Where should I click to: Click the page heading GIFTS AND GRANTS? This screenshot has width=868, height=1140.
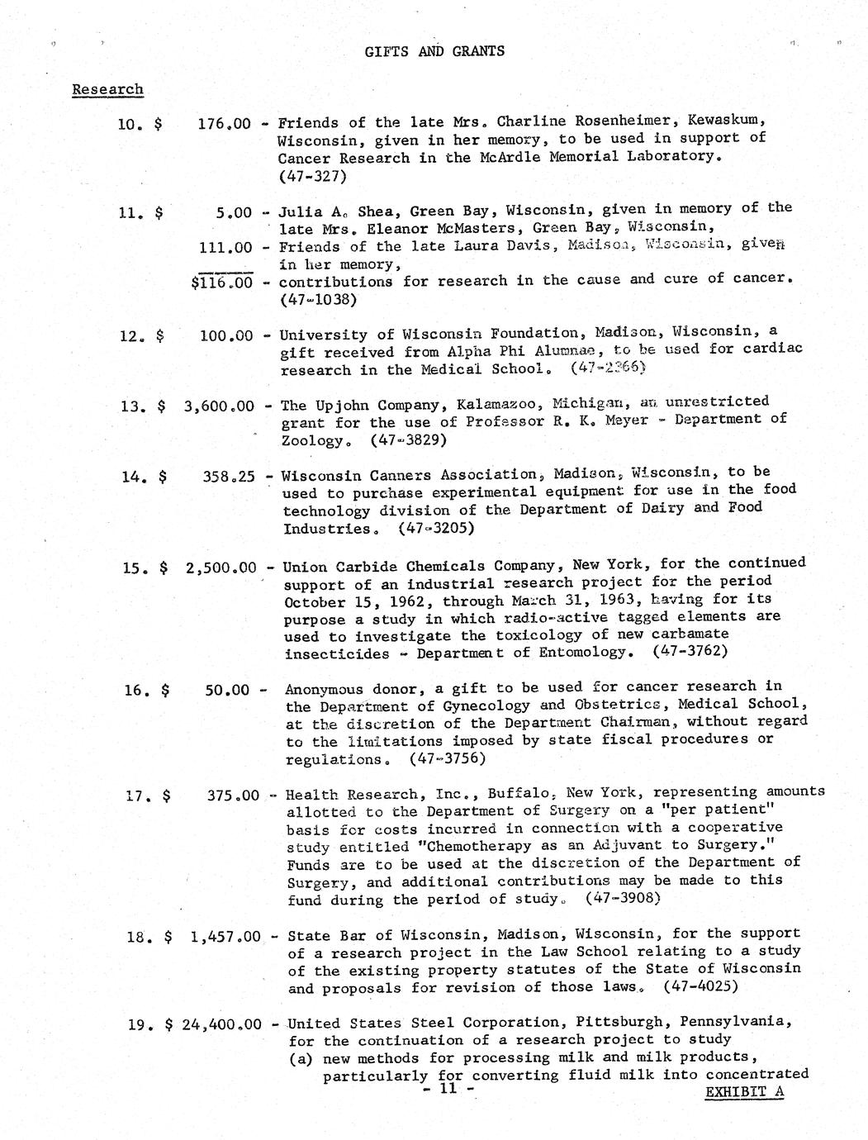click(434, 51)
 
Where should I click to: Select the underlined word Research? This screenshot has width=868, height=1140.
click(107, 89)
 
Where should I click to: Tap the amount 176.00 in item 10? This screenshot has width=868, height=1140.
click(224, 123)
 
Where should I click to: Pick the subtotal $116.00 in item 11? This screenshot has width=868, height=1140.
click(221, 283)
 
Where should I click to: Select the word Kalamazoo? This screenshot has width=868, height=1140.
click(477, 404)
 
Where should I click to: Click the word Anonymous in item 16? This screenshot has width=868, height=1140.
click(324, 689)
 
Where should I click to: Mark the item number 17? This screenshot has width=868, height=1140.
click(135, 796)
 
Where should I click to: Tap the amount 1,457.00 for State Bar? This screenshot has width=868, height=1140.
click(225, 937)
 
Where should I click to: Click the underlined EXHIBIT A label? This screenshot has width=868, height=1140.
click(744, 1091)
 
